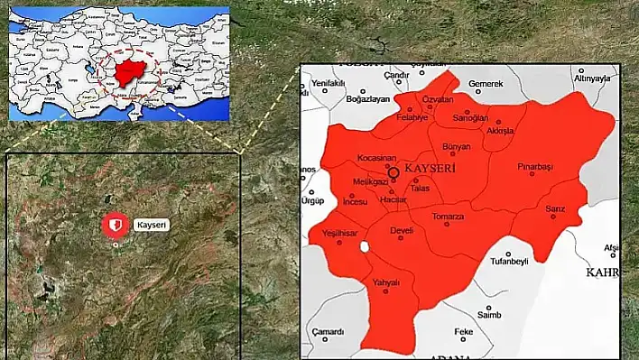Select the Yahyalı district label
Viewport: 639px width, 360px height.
(x=385, y=282)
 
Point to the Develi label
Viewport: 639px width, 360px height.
(x=401, y=231)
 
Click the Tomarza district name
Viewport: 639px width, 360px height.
(x=448, y=217)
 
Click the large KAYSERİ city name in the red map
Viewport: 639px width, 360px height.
(x=430, y=169)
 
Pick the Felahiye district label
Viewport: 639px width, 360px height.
(x=412, y=118)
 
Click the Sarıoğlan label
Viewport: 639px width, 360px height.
(x=470, y=118)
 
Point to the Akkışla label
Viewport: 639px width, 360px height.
(x=500, y=131)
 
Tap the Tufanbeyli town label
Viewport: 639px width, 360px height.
(x=508, y=262)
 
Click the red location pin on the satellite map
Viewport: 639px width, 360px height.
(x=115, y=225)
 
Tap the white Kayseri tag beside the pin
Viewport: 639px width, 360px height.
(x=152, y=225)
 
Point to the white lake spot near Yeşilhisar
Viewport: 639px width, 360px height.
(x=365, y=246)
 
